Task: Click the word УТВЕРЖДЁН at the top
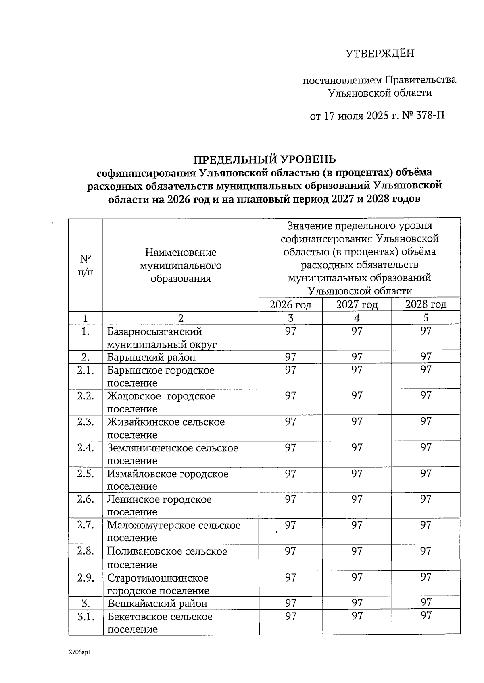tap(380, 54)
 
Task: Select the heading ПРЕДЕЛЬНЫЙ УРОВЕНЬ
tap(264, 159)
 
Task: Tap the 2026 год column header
tap(290, 305)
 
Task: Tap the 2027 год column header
tap(357, 305)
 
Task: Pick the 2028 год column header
tap(426, 305)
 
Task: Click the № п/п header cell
tap(86, 265)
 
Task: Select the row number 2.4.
tap(86, 448)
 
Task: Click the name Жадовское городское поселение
tap(161, 402)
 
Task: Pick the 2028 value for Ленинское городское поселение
tap(426, 499)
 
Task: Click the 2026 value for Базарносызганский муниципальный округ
tap(290, 331)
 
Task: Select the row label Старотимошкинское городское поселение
tap(158, 584)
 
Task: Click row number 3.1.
tap(86, 617)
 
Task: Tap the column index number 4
tap(357, 318)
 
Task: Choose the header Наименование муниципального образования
tap(181, 265)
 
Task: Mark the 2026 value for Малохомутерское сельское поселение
tap(290, 525)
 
